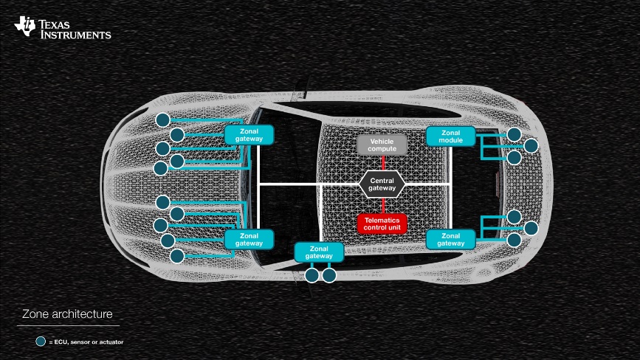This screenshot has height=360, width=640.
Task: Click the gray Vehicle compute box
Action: click(382, 145)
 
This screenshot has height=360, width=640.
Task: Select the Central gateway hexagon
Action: click(382, 184)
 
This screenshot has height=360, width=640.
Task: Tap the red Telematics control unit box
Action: click(382, 224)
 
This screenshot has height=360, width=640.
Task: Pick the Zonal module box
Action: click(450, 136)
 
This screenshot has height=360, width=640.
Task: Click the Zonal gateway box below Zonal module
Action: click(450, 239)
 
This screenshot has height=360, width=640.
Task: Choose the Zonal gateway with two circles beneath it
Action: click(320, 252)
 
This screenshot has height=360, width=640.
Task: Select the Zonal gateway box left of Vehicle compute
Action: click(249, 134)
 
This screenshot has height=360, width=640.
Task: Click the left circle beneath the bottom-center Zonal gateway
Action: click(312, 275)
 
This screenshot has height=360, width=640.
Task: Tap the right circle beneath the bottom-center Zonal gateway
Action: click(329, 275)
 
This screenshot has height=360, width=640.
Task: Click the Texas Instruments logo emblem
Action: click(24, 27)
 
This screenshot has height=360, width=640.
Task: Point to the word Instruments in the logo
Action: click(75, 35)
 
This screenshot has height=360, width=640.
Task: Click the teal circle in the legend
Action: click(41, 342)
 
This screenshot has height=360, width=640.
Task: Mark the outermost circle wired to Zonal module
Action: click(531, 146)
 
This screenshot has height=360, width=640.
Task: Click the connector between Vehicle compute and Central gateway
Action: click(382, 162)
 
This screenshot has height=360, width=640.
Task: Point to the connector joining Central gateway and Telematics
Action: click(382, 205)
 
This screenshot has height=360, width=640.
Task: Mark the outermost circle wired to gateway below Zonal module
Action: click(531, 228)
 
